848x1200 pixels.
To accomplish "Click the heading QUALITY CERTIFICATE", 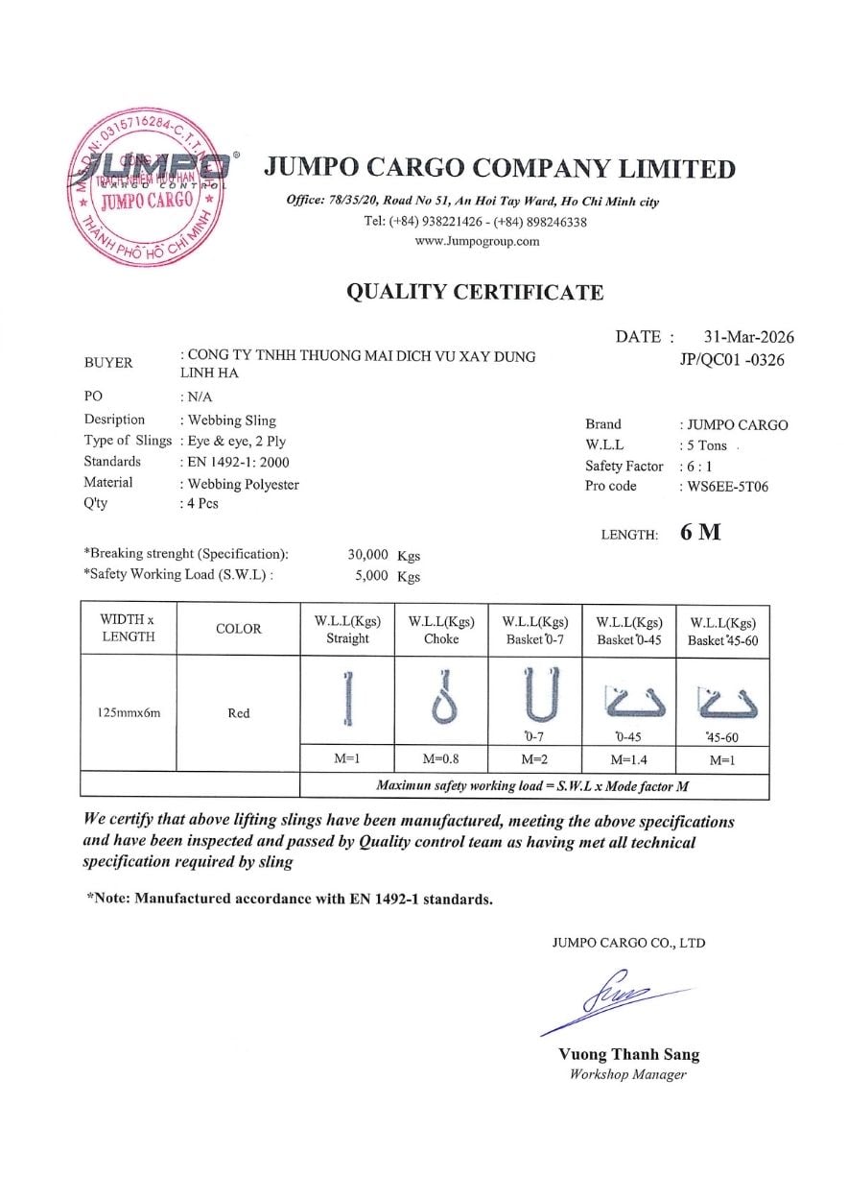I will pyautogui.click(x=475, y=293).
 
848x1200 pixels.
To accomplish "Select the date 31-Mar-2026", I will pyautogui.click(x=748, y=337).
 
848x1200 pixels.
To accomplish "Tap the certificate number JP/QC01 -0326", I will pyautogui.click(x=731, y=362).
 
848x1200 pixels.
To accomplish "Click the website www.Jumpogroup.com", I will pyautogui.click(x=477, y=241).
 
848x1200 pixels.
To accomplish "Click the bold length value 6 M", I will pyautogui.click(x=700, y=533).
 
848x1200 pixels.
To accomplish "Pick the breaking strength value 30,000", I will pyautogui.click(x=367, y=555).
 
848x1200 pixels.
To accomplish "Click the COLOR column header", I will pyautogui.click(x=238, y=629).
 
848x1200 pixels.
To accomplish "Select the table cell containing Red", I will pyautogui.click(x=238, y=713).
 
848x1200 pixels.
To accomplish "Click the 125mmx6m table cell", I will pyautogui.click(x=128, y=713).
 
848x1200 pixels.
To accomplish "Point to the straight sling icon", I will pyautogui.click(x=347, y=697).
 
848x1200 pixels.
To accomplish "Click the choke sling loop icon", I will pyautogui.click(x=441, y=699).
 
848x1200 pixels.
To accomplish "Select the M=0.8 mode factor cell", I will pyautogui.click(x=441, y=758).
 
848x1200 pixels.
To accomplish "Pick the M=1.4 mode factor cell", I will pyautogui.click(x=629, y=759).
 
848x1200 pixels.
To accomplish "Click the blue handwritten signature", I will pyautogui.click(x=614, y=1003).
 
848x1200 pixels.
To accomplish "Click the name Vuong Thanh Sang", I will pyautogui.click(x=628, y=1054).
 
